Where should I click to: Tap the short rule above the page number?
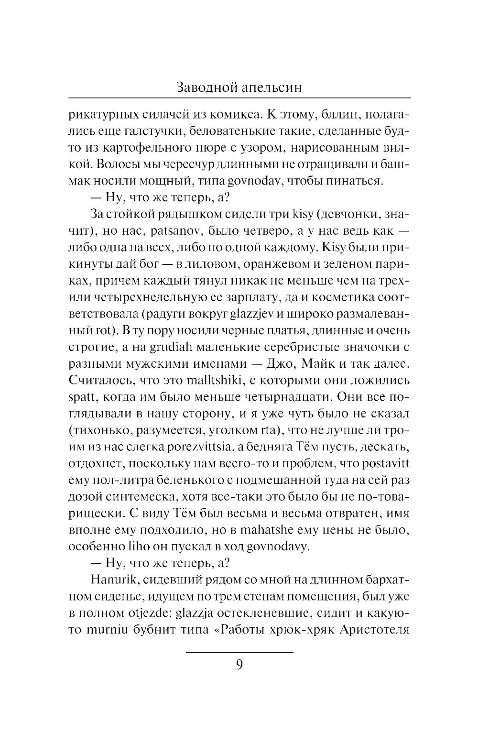pos(239,652)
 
